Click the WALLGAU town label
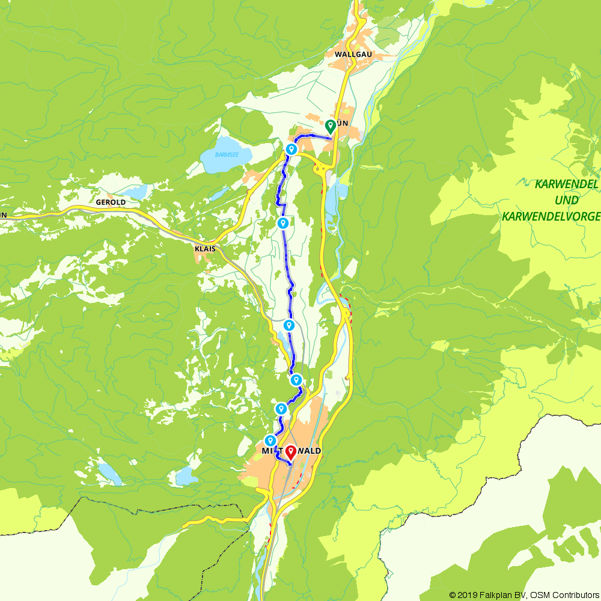point(358,54)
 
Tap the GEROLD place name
point(111,203)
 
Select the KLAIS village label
point(206,248)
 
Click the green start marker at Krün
point(330,126)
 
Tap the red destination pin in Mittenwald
point(291,451)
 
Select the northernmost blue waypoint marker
point(291,149)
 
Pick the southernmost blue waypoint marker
point(270,441)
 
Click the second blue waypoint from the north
point(282,223)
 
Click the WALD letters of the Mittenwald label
point(308,451)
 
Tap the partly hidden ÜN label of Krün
point(343,123)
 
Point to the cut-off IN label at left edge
point(3,214)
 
